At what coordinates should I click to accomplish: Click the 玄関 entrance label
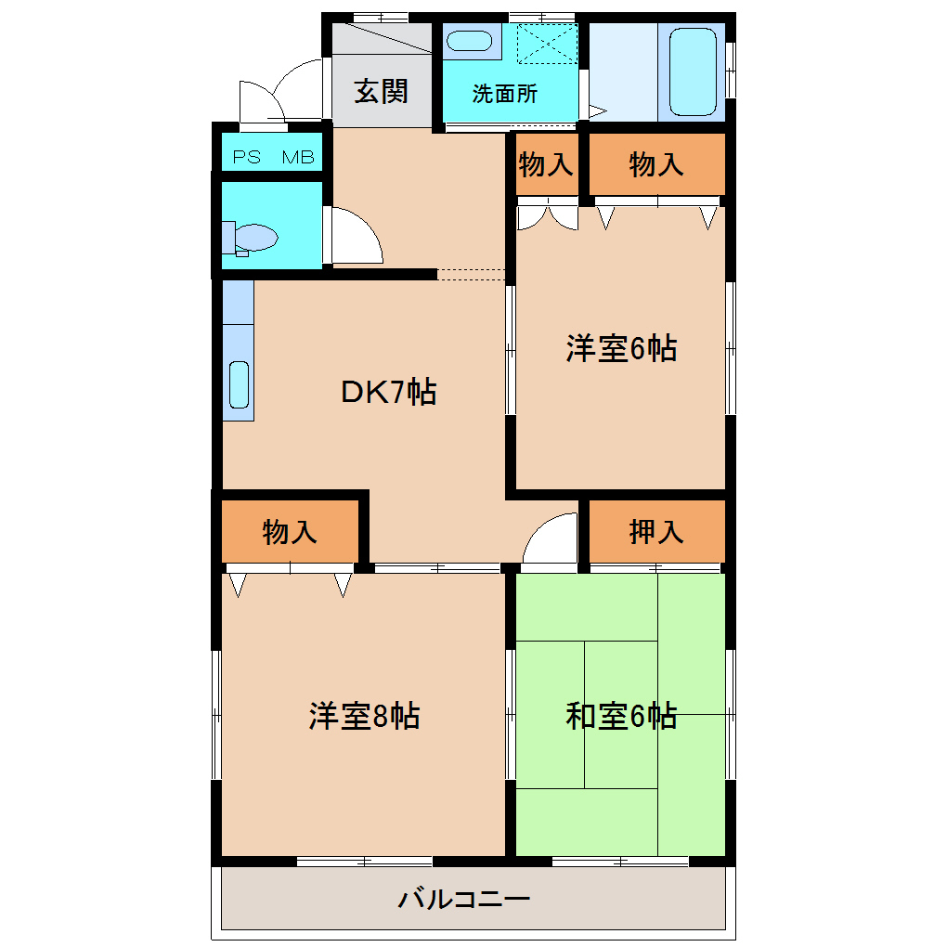tap(382, 92)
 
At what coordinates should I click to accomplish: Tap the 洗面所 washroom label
tap(504, 94)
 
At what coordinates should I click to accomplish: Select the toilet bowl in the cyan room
tap(253, 238)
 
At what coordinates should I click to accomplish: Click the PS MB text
tap(273, 157)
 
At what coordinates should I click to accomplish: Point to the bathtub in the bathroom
tap(692, 71)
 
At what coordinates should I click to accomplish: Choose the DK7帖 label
tap(389, 393)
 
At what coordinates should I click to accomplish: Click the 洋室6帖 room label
tap(621, 349)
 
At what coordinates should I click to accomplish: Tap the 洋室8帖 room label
tap(364, 716)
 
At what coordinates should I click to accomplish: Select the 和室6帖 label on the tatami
tap(621, 716)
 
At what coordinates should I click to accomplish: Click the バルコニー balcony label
tap(464, 899)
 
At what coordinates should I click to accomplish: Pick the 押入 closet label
tap(656, 532)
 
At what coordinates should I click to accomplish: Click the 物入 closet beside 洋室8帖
tap(290, 532)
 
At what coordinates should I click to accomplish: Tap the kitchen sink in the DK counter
tap(240, 384)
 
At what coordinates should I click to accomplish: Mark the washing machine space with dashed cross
tap(547, 44)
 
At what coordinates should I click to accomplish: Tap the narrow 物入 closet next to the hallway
tap(546, 165)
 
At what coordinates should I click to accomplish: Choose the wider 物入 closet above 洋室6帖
tap(656, 165)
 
